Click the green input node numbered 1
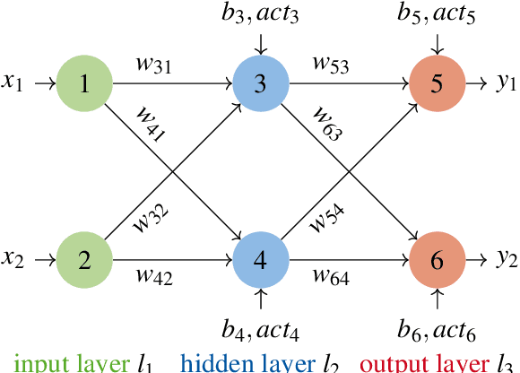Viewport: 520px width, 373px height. [x=84, y=84]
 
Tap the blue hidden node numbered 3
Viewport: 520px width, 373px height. [x=260, y=84]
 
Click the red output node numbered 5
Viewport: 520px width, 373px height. [x=437, y=84]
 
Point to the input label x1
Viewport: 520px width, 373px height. [x=12, y=84]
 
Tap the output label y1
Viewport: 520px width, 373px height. [x=507, y=84]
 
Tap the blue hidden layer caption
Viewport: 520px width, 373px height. [x=250, y=364]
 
